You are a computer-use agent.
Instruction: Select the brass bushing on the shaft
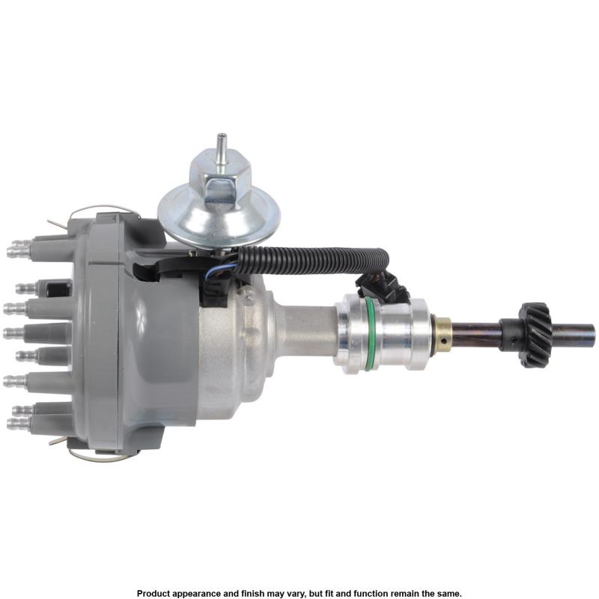443,335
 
